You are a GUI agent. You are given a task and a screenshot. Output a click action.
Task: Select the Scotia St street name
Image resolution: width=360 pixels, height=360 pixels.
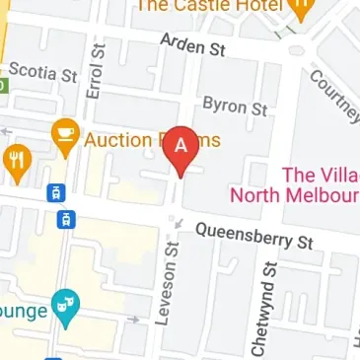[x=41, y=74]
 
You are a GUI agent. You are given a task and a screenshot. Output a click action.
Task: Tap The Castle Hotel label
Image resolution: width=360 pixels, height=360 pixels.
[x=211, y=6]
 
